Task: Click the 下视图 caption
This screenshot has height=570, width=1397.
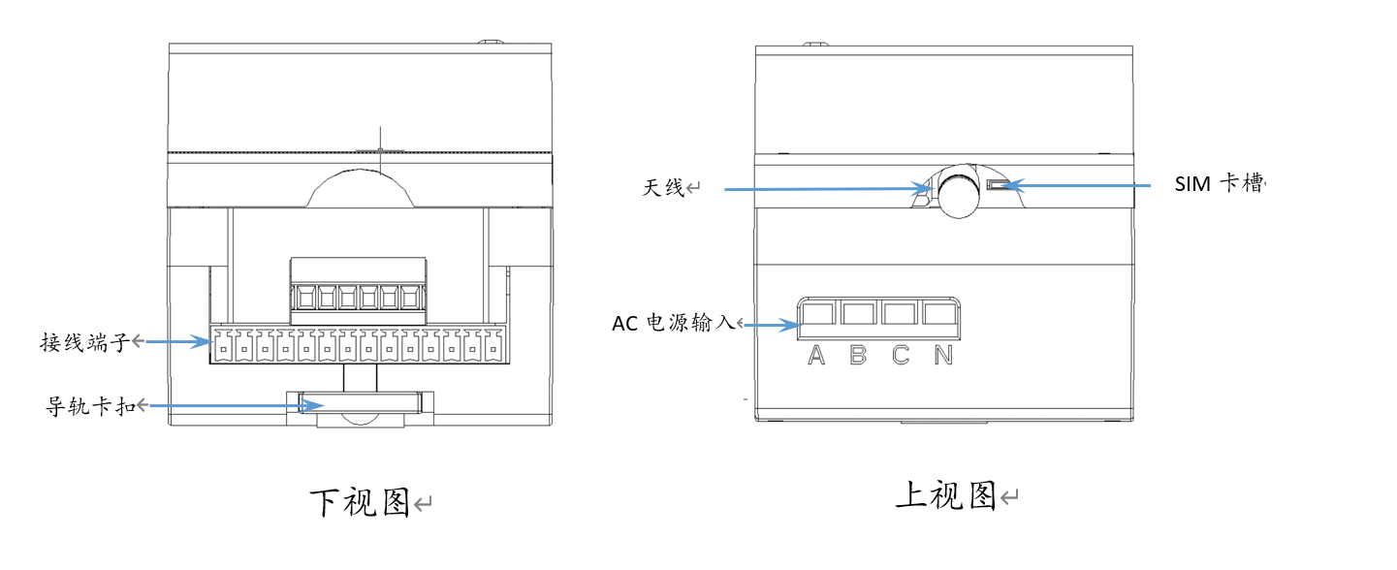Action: click(x=360, y=503)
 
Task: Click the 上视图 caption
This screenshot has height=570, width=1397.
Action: click(x=945, y=495)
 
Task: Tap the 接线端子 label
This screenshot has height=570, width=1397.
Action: click(x=85, y=342)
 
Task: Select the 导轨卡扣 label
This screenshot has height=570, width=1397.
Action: click(x=90, y=406)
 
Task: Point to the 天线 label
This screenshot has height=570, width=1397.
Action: click(x=663, y=187)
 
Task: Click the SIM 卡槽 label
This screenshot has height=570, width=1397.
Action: click(x=1220, y=183)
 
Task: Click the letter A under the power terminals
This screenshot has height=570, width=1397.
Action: click(x=816, y=356)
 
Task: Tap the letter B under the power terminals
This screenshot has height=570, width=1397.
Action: click(x=858, y=356)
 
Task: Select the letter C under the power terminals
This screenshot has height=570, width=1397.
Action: click(x=901, y=356)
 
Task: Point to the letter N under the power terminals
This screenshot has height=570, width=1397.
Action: click(x=943, y=356)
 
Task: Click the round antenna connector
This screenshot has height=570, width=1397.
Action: click(x=959, y=192)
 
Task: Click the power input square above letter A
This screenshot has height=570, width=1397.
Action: click(x=817, y=313)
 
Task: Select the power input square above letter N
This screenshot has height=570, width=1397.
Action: click(x=939, y=313)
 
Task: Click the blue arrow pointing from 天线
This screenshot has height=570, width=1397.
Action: click(x=829, y=188)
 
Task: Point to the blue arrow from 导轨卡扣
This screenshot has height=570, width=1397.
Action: click(x=237, y=406)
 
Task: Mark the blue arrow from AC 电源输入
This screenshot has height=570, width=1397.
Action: click(x=772, y=325)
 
